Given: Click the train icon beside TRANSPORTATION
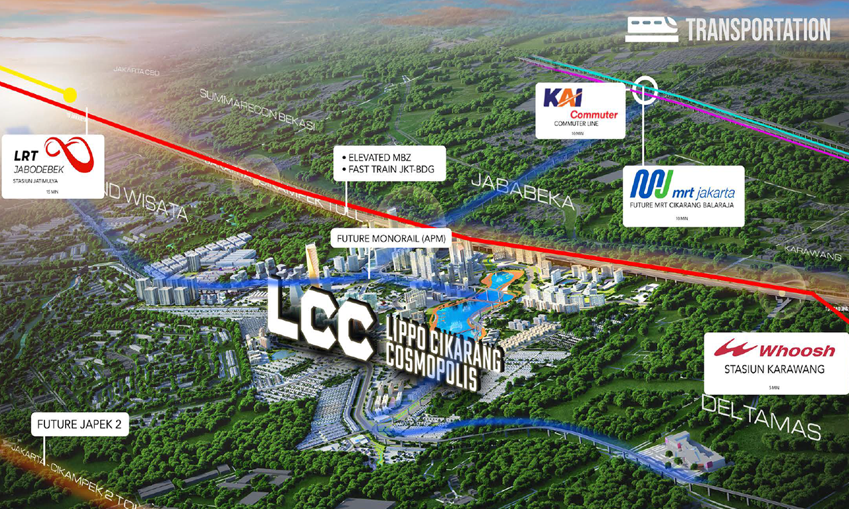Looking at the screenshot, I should (x=651, y=30).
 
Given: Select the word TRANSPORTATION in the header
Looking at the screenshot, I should (x=757, y=30).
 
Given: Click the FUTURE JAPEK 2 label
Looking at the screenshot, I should (x=80, y=425).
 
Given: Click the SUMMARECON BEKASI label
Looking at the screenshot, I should (x=259, y=109).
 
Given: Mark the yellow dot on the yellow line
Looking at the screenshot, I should (x=69, y=95).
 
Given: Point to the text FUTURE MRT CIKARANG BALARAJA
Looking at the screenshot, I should (x=683, y=205).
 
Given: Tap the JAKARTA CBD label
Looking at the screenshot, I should (x=136, y=70).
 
